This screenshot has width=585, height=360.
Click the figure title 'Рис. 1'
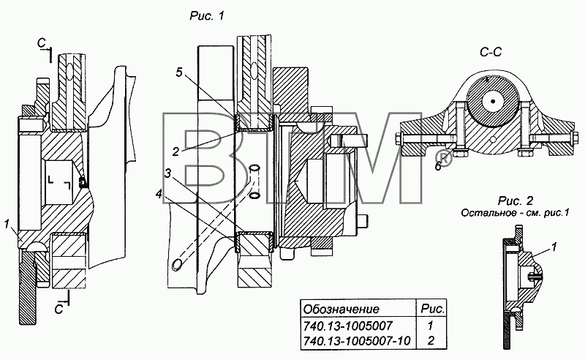pyautogui.click(x=207, y=15)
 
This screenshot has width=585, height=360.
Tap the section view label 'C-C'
pyautogui.click(x=491, y=52)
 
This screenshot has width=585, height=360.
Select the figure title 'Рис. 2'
pyautogui.click(x=516, y=200)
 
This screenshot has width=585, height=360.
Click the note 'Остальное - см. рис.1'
pyautogui.click(x=516, y=213)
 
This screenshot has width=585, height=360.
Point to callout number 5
pyautogui.click(x=179, y=72)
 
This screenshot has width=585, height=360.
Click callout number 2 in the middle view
pyautogui.click(x=175, y=151)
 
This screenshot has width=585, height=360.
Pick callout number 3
pyautogui.click(x=168, y=173)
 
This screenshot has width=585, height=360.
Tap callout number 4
pyautogui.click(x=159, y=195)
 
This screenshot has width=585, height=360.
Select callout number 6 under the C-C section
pyautogui.click(x=438, y=166)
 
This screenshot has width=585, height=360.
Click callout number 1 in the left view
pyautogui.click(x=7, y=224)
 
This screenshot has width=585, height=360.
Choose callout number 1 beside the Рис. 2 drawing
pyautogui.click(x=554, y=247)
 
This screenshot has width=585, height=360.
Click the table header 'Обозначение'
pyautogui.click(x=341, y=310)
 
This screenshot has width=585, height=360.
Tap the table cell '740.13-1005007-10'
pyautogui.click(x=357, y=341)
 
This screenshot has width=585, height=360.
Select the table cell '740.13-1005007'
pyautogui.click(x=348, y=326)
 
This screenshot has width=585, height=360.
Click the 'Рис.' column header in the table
pyautogui.click(x=432, y=310)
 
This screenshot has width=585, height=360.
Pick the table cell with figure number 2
pyautogui.click(x=431, y=341)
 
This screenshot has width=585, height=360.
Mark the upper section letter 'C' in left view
pyautogui.click(x=41, y=44)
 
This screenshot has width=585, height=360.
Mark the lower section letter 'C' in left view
pyautogui.click(x=58, y=310)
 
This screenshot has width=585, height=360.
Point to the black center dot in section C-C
pyautogui.click(x=493, y=101)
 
